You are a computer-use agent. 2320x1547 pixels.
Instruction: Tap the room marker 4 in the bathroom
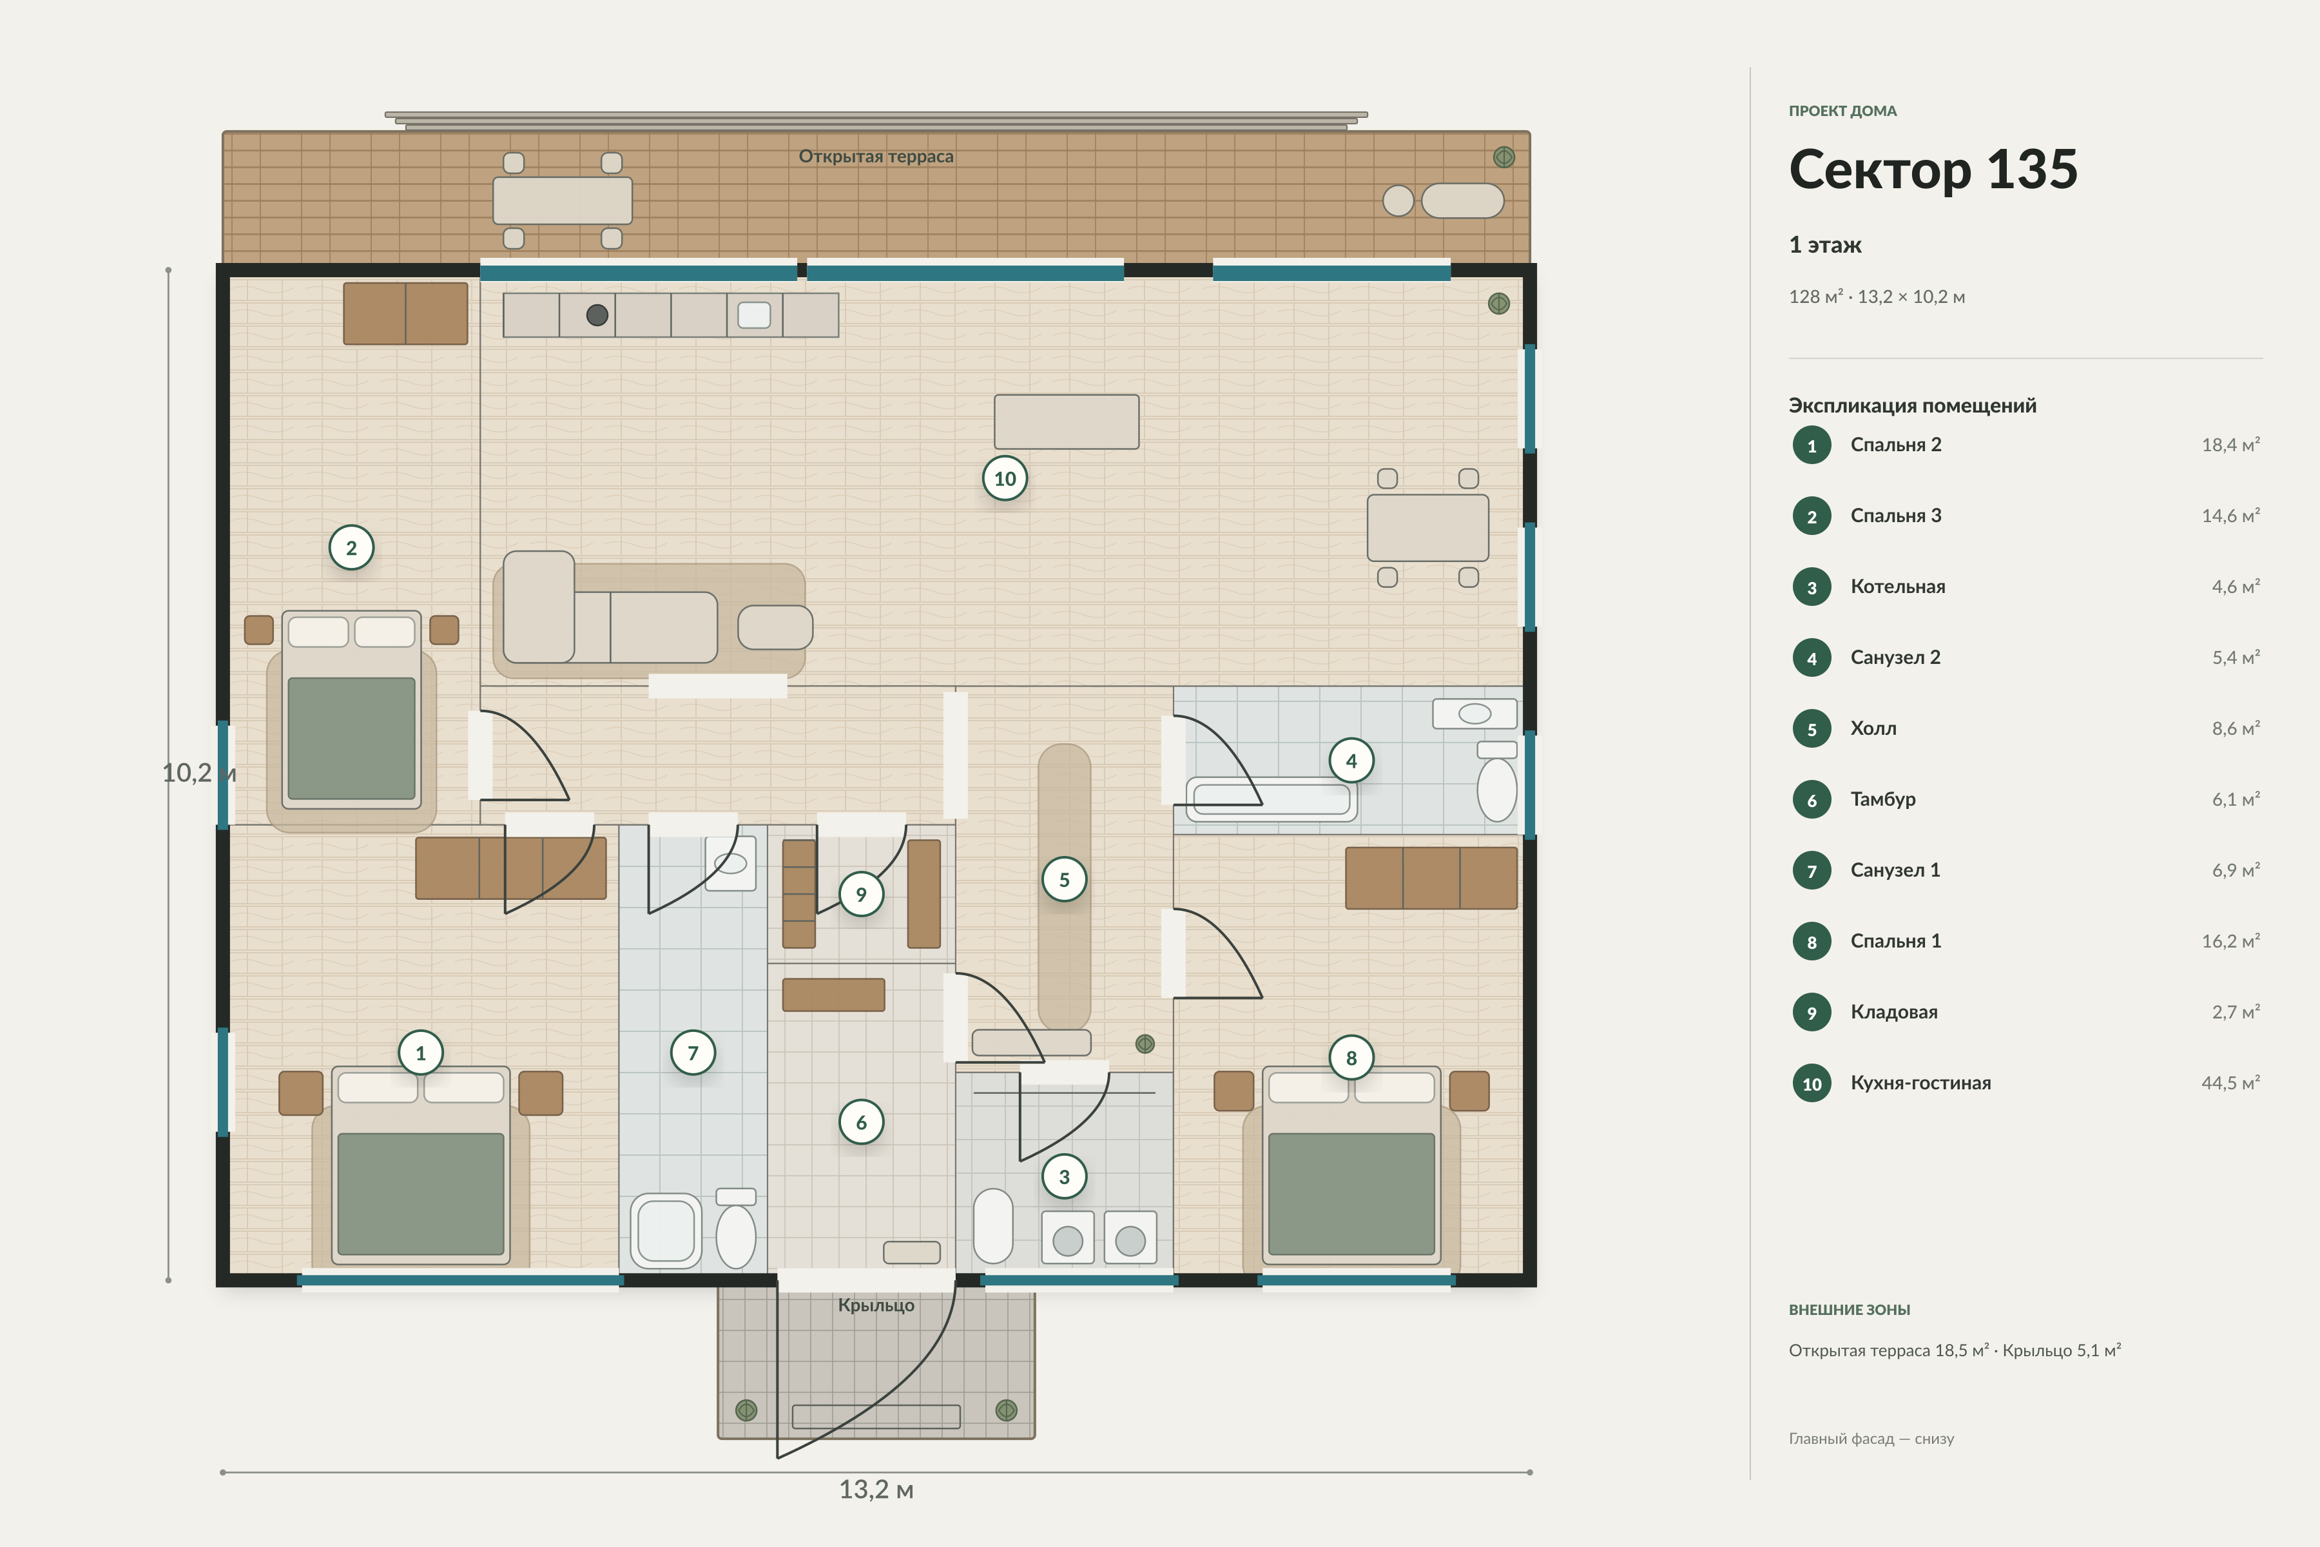tap(1351, 761)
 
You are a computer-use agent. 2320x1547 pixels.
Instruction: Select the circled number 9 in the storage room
tap(861, 894)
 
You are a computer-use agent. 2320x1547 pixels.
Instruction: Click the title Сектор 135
tap(1933, 169)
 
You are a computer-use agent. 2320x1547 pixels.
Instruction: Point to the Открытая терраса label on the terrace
tap(876, 156)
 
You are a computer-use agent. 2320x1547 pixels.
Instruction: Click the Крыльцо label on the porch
tap(876, 1305)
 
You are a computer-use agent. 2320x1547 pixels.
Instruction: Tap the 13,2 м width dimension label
tap(876, 1490)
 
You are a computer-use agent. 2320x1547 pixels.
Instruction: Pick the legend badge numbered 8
tap(1812, 941)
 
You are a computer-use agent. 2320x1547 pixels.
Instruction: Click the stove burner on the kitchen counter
tap(597, 315)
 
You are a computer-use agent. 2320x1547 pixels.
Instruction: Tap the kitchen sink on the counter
tap(755, 315)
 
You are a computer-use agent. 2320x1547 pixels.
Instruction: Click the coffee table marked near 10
tap(1067, 422)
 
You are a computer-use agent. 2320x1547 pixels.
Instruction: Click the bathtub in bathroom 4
tap(1271, 799)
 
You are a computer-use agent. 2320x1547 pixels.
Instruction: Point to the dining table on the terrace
tap(562, 200)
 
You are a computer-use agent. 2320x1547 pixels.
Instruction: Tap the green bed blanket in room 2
tap(351, 738)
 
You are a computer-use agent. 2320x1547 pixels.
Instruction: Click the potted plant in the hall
tap(1145, 1043)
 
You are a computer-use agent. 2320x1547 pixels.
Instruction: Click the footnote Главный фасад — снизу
tap(1871, 1439)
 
